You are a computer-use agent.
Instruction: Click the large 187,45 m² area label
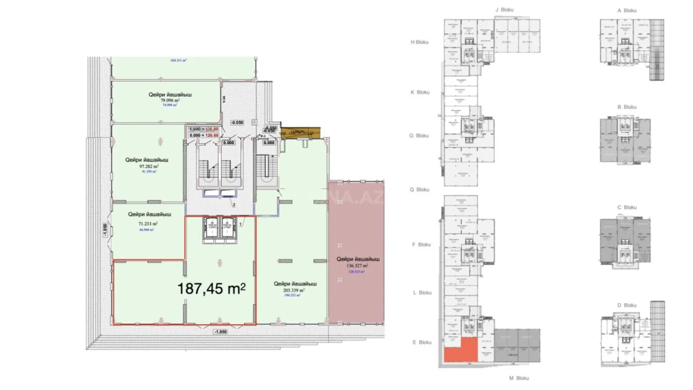click(212, 289)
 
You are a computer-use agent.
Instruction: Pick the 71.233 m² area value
click(148, 224)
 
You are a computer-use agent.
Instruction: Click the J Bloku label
click(504, 9)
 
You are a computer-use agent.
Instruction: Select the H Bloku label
click(419, 42)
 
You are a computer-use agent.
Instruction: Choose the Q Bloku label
click(420, 190)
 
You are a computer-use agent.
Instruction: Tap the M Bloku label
click(519, 378)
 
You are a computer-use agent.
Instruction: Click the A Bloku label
click(627, 10)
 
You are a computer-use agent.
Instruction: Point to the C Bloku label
click(627, 207)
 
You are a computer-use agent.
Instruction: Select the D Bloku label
click(627, 305)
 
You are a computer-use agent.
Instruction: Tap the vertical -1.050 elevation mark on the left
click(105, 230)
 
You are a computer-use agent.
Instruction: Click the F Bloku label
click(421, 245)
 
